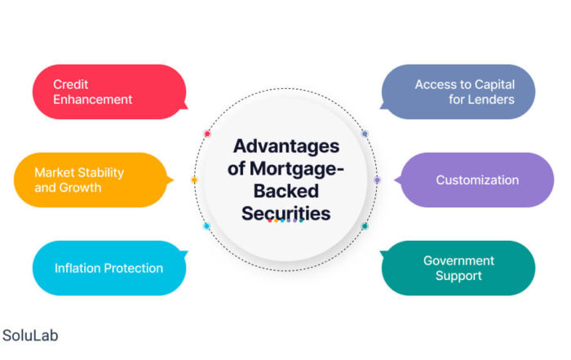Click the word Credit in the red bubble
71,85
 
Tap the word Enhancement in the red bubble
92,100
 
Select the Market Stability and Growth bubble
94,180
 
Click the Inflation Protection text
108,269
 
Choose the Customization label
477,180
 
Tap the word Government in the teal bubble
458,260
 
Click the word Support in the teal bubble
458,276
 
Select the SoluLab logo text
30,336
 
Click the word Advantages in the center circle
286,146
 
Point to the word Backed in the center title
286,191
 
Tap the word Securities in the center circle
286,214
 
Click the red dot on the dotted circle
207,134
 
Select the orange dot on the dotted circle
194,180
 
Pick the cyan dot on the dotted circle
206,226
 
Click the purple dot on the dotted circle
377,180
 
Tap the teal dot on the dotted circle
365,226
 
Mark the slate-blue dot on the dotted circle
365,134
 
